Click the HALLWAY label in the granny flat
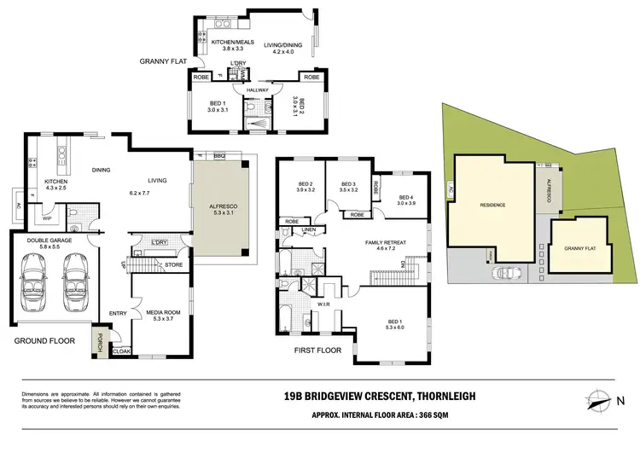[x=257, y=90]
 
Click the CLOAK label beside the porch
[x=122, y=351]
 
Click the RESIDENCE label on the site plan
[x=492, y=205]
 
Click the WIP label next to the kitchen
[x=47, y=218]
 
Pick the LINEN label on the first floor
[x=309, y=229]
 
